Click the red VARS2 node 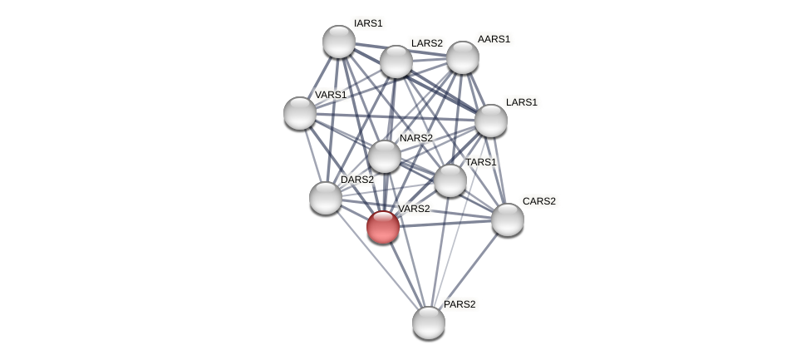pyautogui.click(x=383, y=226)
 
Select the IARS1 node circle pyautogui.click(x=339, y=42)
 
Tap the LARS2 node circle pyautogui.click(x=396, y=62)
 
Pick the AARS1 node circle pyautogui.click(x=463, y=57)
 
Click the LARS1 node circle pyautogui.click(x=491, y=121)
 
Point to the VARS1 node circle pyautogui.click(x=300, y=113)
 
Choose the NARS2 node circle pyautogui.click(x=385, y=156)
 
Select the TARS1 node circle pyautogui.click(x=450, y=180)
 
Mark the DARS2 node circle pyautogui.click(x=326, y=198)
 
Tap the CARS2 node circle pyautogui.click(x=508, y=219)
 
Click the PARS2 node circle pyautogui.click(x=429, y=323)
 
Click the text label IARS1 pyautogui.click(x=368, y=23)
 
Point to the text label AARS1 pyautogui.click(x=494, y=39)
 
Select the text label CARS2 pyautogui.click(x=538, y=201)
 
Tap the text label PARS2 pyautogui.click(x=460, y=304)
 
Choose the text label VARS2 pyautogui.click(x=414, y=209)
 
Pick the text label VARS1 pyautogui.click(x=330, y=95)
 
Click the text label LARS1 pyautogui.click(x=522, y=102)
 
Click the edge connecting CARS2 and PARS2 pyautogui.click(x=468, y=271)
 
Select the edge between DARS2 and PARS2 pyautogui.click(x=377, y=260)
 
